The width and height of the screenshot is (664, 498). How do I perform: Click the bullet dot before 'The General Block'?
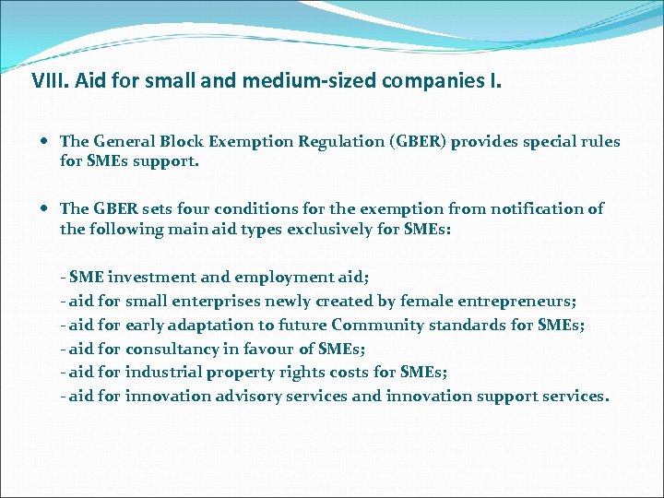(46, 142)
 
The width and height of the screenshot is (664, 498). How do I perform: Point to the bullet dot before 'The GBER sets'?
(46, 209)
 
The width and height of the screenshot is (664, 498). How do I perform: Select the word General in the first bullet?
(124, 142)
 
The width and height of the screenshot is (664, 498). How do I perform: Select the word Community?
(376, 325)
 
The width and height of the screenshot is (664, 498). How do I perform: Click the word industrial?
(160, 373)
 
